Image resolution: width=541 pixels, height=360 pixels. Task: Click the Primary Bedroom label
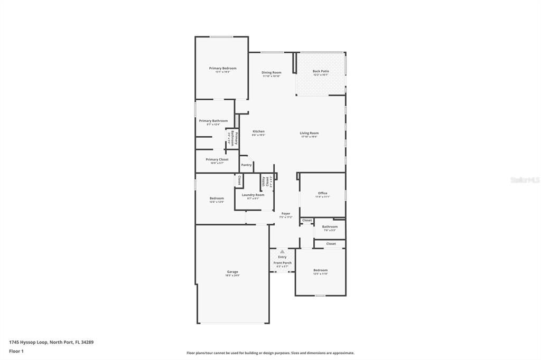coord(222,68)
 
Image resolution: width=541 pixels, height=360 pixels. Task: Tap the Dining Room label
coord(272,72)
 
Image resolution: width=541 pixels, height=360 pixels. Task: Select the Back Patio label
coord(321,71)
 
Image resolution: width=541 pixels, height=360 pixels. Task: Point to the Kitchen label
coord(258,131)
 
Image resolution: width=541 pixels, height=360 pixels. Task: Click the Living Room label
coord(309,133)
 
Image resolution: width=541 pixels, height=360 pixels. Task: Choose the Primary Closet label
coord(217,159)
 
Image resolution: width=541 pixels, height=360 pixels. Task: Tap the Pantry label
coord(246,165)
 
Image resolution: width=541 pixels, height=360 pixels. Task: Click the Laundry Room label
coord(253,195)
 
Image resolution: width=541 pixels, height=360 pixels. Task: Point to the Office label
coord(322,193)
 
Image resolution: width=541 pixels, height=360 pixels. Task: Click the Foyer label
coord(285,214)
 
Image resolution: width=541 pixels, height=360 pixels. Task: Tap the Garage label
coord(232,272)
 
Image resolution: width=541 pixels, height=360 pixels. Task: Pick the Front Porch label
coord(282,263)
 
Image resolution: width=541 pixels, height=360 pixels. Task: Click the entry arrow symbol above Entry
coord(282,252)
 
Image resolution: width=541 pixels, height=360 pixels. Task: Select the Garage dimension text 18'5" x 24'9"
coord(232,276)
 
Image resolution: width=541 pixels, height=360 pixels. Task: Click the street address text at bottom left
coord(51,342)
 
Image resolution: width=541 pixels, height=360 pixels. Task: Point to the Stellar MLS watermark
coord(525,180)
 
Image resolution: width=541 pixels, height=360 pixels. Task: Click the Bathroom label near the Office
coord(330,226)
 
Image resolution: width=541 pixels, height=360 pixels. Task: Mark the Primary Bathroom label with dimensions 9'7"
coord(213,121)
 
